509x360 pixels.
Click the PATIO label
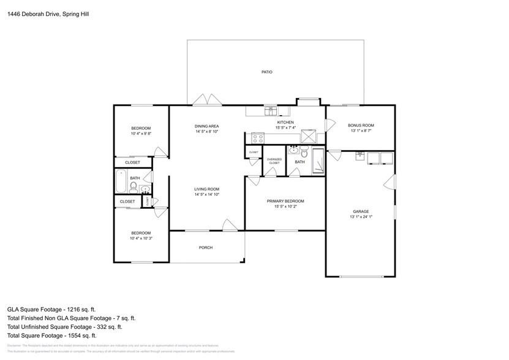[x=266, y=72]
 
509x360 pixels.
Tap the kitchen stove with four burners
[x=258, y=138]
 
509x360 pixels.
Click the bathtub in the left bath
[x=121, y=182]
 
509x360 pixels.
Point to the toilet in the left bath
[x=134, y=186]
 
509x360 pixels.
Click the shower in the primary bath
[x=319, y=161]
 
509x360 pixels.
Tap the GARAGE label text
[x=361, y=211]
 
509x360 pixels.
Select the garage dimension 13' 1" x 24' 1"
[x=361, y=216]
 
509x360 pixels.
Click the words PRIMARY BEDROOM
[x=285, y=201]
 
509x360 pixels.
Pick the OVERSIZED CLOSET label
[x=274, y=161]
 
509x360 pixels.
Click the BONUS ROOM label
[x=361, y=125]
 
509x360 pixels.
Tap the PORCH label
[x=206, y=247]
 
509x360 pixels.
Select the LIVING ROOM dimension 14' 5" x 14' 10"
[x=206, y=195]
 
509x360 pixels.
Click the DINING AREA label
[x=206, y=126]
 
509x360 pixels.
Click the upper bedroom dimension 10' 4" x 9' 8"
[x=140, y=133]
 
